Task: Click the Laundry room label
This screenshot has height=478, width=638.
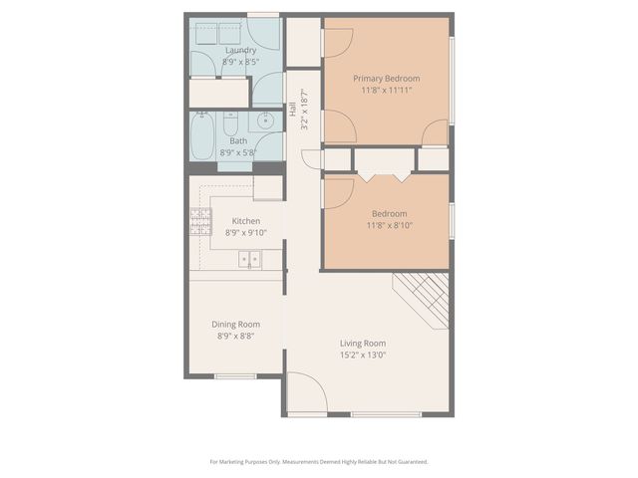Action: click(240, 50)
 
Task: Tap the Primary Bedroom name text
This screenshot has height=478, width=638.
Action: click(387, 79)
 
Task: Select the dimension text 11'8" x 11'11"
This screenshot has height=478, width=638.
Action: click(387, 91)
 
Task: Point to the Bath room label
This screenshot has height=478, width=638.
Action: click(238, 140)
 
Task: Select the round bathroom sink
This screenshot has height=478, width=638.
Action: click(266, 121)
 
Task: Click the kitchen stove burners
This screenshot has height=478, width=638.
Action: click(199, 221)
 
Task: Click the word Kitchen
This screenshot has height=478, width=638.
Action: click(246, 221)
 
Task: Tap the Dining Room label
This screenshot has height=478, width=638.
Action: click(236, 324)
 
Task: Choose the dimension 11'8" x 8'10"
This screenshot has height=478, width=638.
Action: click(389, 225)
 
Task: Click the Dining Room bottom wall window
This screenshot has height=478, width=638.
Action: click(236, 375)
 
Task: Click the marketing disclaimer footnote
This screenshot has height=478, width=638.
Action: click(319, 461)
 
